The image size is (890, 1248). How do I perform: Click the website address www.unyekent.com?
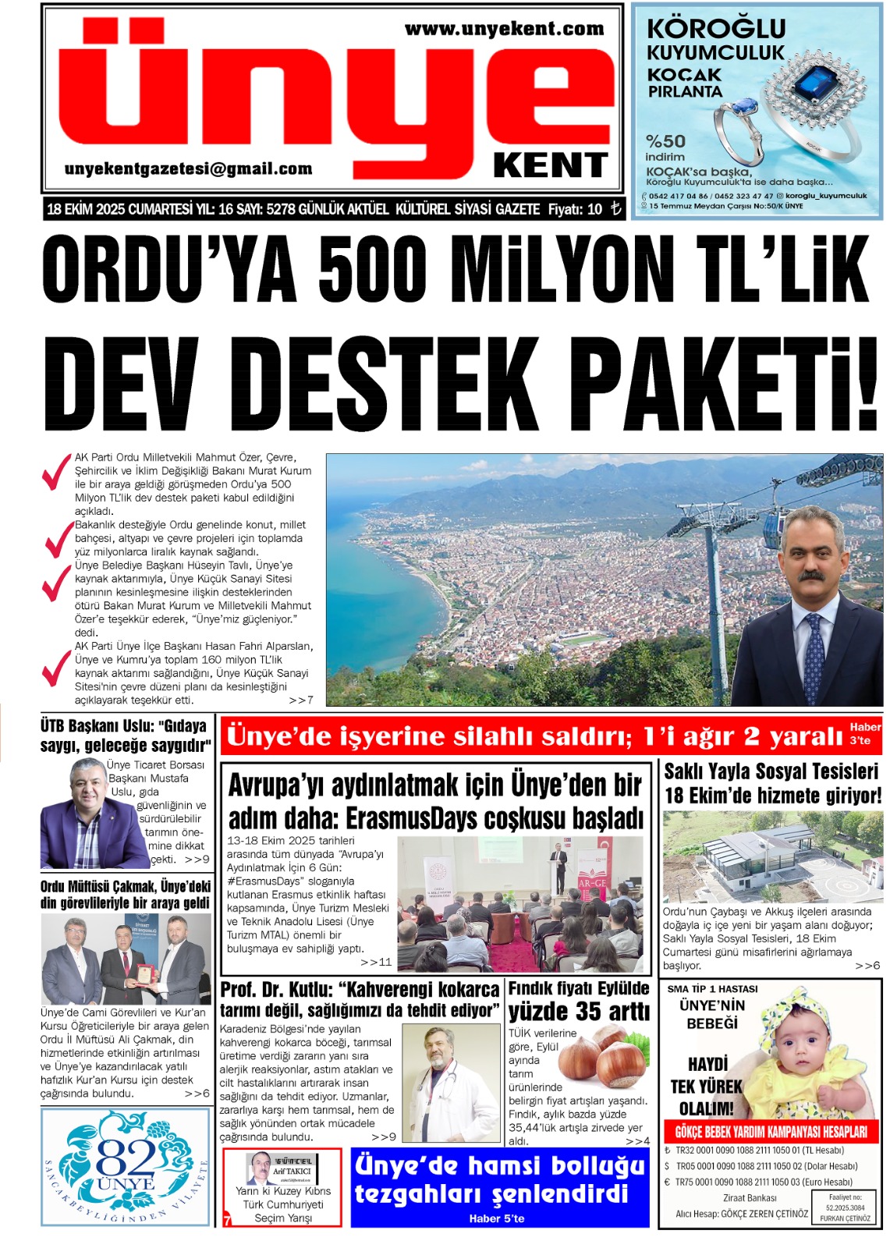[x=504, y=30]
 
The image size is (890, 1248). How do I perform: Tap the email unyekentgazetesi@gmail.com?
[x=188, y=169]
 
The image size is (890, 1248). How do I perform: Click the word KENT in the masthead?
[x=550, y=165]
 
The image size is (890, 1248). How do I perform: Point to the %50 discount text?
[x=665, y=141]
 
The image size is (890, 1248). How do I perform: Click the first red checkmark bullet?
[x=56, y=471]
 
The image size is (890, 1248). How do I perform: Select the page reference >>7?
[x=301, y=700]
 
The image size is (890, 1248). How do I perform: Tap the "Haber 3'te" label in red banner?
[x=864, y=733]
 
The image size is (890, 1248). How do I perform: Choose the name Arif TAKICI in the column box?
[x=292, y=1171]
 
